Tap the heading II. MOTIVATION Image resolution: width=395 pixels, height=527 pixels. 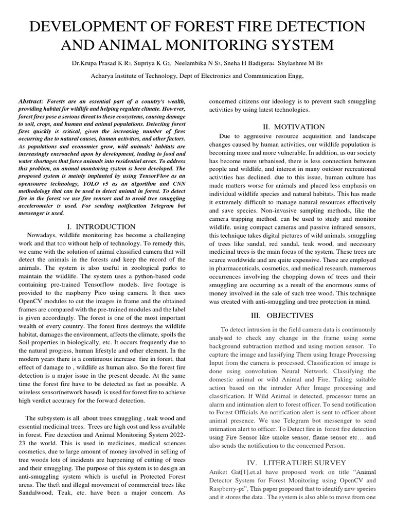point(294,127)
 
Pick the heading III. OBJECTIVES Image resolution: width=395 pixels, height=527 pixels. point(294,315)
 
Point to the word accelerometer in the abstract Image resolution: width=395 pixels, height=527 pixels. point(41,201)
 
